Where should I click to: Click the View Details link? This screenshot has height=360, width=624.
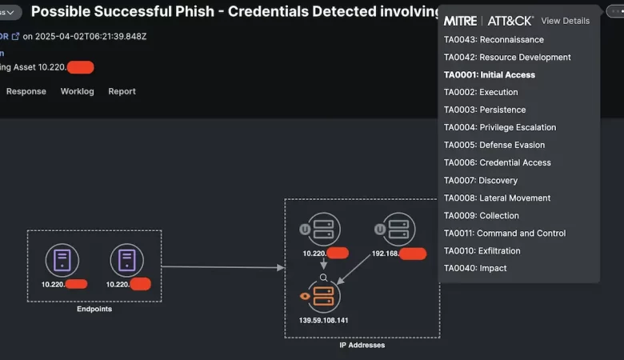point(565,21)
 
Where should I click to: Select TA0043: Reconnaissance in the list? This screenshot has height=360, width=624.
point(494,40)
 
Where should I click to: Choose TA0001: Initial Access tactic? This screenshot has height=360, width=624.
point(490,75)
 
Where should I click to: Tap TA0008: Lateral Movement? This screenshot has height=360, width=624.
point(497,198)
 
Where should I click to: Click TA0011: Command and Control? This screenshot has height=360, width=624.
point(504,234)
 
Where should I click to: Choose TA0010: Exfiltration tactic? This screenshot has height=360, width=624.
point(482,251)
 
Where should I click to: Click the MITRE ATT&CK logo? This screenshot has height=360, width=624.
point(488,21)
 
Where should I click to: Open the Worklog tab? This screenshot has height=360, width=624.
point(77,91)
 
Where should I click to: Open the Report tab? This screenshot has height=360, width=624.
point(122,91)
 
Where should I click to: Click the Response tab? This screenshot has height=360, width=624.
point(26,91)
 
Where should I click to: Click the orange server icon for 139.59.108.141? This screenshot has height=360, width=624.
point(323,296)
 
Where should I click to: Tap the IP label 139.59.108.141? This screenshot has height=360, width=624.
point(323,320)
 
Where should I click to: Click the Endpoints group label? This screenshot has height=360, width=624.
point(94,309)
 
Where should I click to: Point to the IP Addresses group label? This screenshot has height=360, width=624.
point(362,346)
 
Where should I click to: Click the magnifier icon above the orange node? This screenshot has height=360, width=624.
point(323,278)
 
